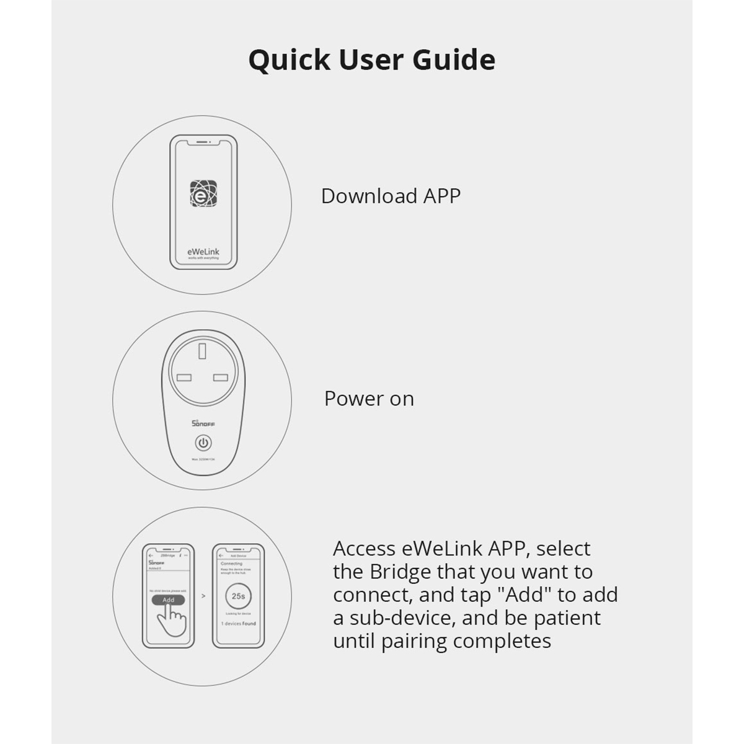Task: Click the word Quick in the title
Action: pos(289,60)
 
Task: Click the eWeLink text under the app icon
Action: pos(203,252)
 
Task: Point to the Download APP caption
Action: pos(391,196)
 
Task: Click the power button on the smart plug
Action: pos(203,443)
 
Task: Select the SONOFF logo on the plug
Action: pos(203,423)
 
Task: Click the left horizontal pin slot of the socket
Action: pos(184,378)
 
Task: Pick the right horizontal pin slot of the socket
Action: pos(221,378)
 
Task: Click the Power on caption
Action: pos(369,399)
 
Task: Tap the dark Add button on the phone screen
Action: pos(168,600)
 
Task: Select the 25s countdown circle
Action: pos(238,596)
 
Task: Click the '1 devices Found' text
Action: pos(238,624)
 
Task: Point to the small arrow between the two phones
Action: pos(203,596)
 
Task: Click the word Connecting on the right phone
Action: pos(232,564)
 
